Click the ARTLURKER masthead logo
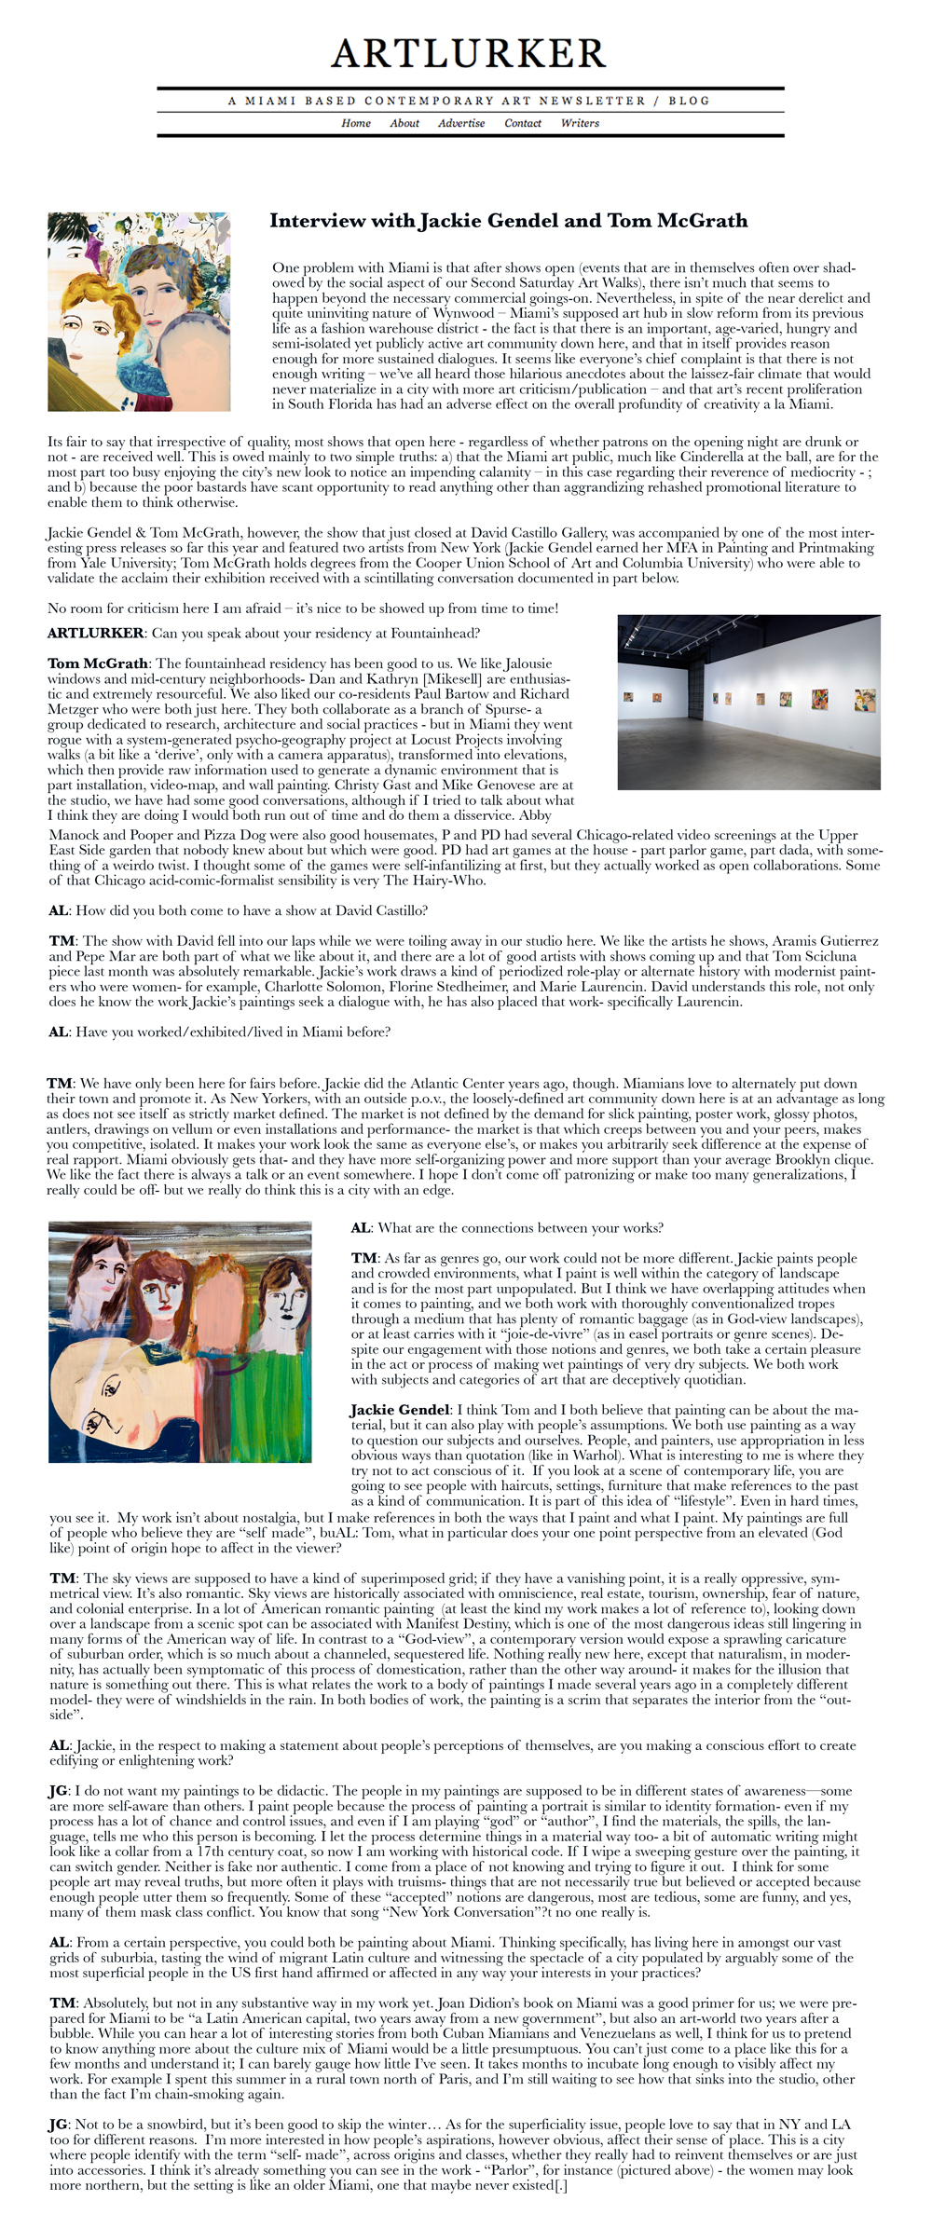point(469,54)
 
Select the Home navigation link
point(355,123)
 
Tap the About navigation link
point(404,123)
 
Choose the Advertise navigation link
point(461,123)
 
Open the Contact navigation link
point(523,123)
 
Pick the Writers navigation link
point(580,123)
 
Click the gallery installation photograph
point(748,702)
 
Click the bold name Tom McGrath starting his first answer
point(98,663)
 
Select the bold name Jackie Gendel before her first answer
point(400,1410)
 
